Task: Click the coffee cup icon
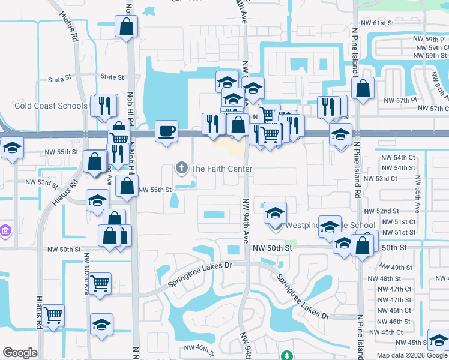(166, 130)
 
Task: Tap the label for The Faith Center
(222, 169)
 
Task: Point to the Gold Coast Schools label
(51, 106)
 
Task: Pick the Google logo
(20, 353)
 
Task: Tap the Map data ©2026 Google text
(412, 355)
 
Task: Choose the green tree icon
(288, 356)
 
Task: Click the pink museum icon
(5, 230)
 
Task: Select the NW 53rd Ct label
(399, 179)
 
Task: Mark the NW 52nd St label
(384, 211)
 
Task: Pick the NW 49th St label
(398, 268)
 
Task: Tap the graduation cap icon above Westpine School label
(275, 212)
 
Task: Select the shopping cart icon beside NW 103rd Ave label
(100, 281)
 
